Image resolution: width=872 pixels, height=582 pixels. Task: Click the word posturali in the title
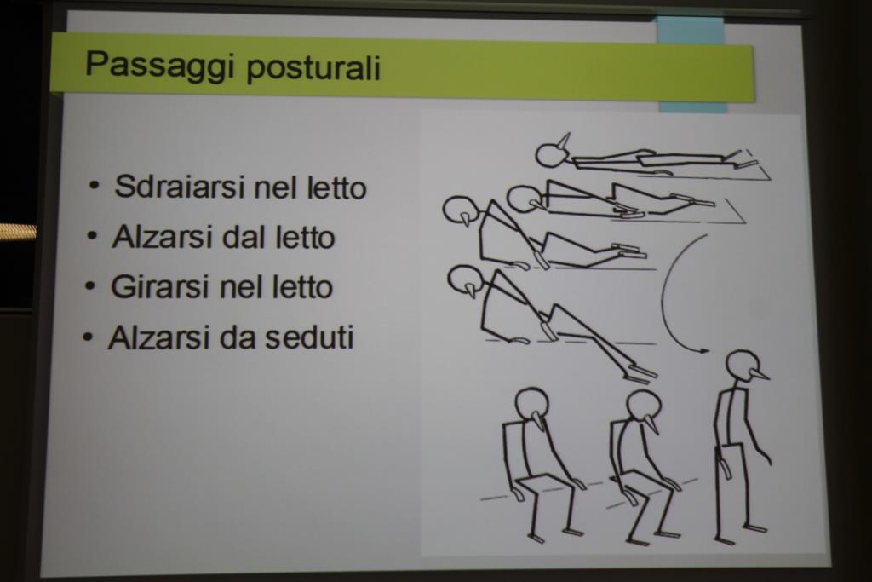click(x=313, y=69)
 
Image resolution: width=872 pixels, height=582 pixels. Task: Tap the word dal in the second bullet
click(x=244, y=238)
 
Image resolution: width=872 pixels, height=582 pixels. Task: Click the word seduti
click(x=309, y=337)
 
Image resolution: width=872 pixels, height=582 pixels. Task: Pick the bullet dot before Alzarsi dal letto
click(x=92, y=236)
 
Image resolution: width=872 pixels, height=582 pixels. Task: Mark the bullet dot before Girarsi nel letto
click(x=90, y=286)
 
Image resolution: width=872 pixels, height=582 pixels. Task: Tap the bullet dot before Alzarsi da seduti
click(x=88, y=337)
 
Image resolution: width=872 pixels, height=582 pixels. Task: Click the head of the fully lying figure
click(x=551, y=155)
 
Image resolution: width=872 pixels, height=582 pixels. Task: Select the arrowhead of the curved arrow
click(x=703, y=350)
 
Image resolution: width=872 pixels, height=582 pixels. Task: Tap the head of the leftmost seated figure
click(x=531, y=405)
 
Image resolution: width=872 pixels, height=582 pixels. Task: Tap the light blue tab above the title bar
click(x=691, y=30)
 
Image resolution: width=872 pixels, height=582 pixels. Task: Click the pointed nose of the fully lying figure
click(x=565, y=141)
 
